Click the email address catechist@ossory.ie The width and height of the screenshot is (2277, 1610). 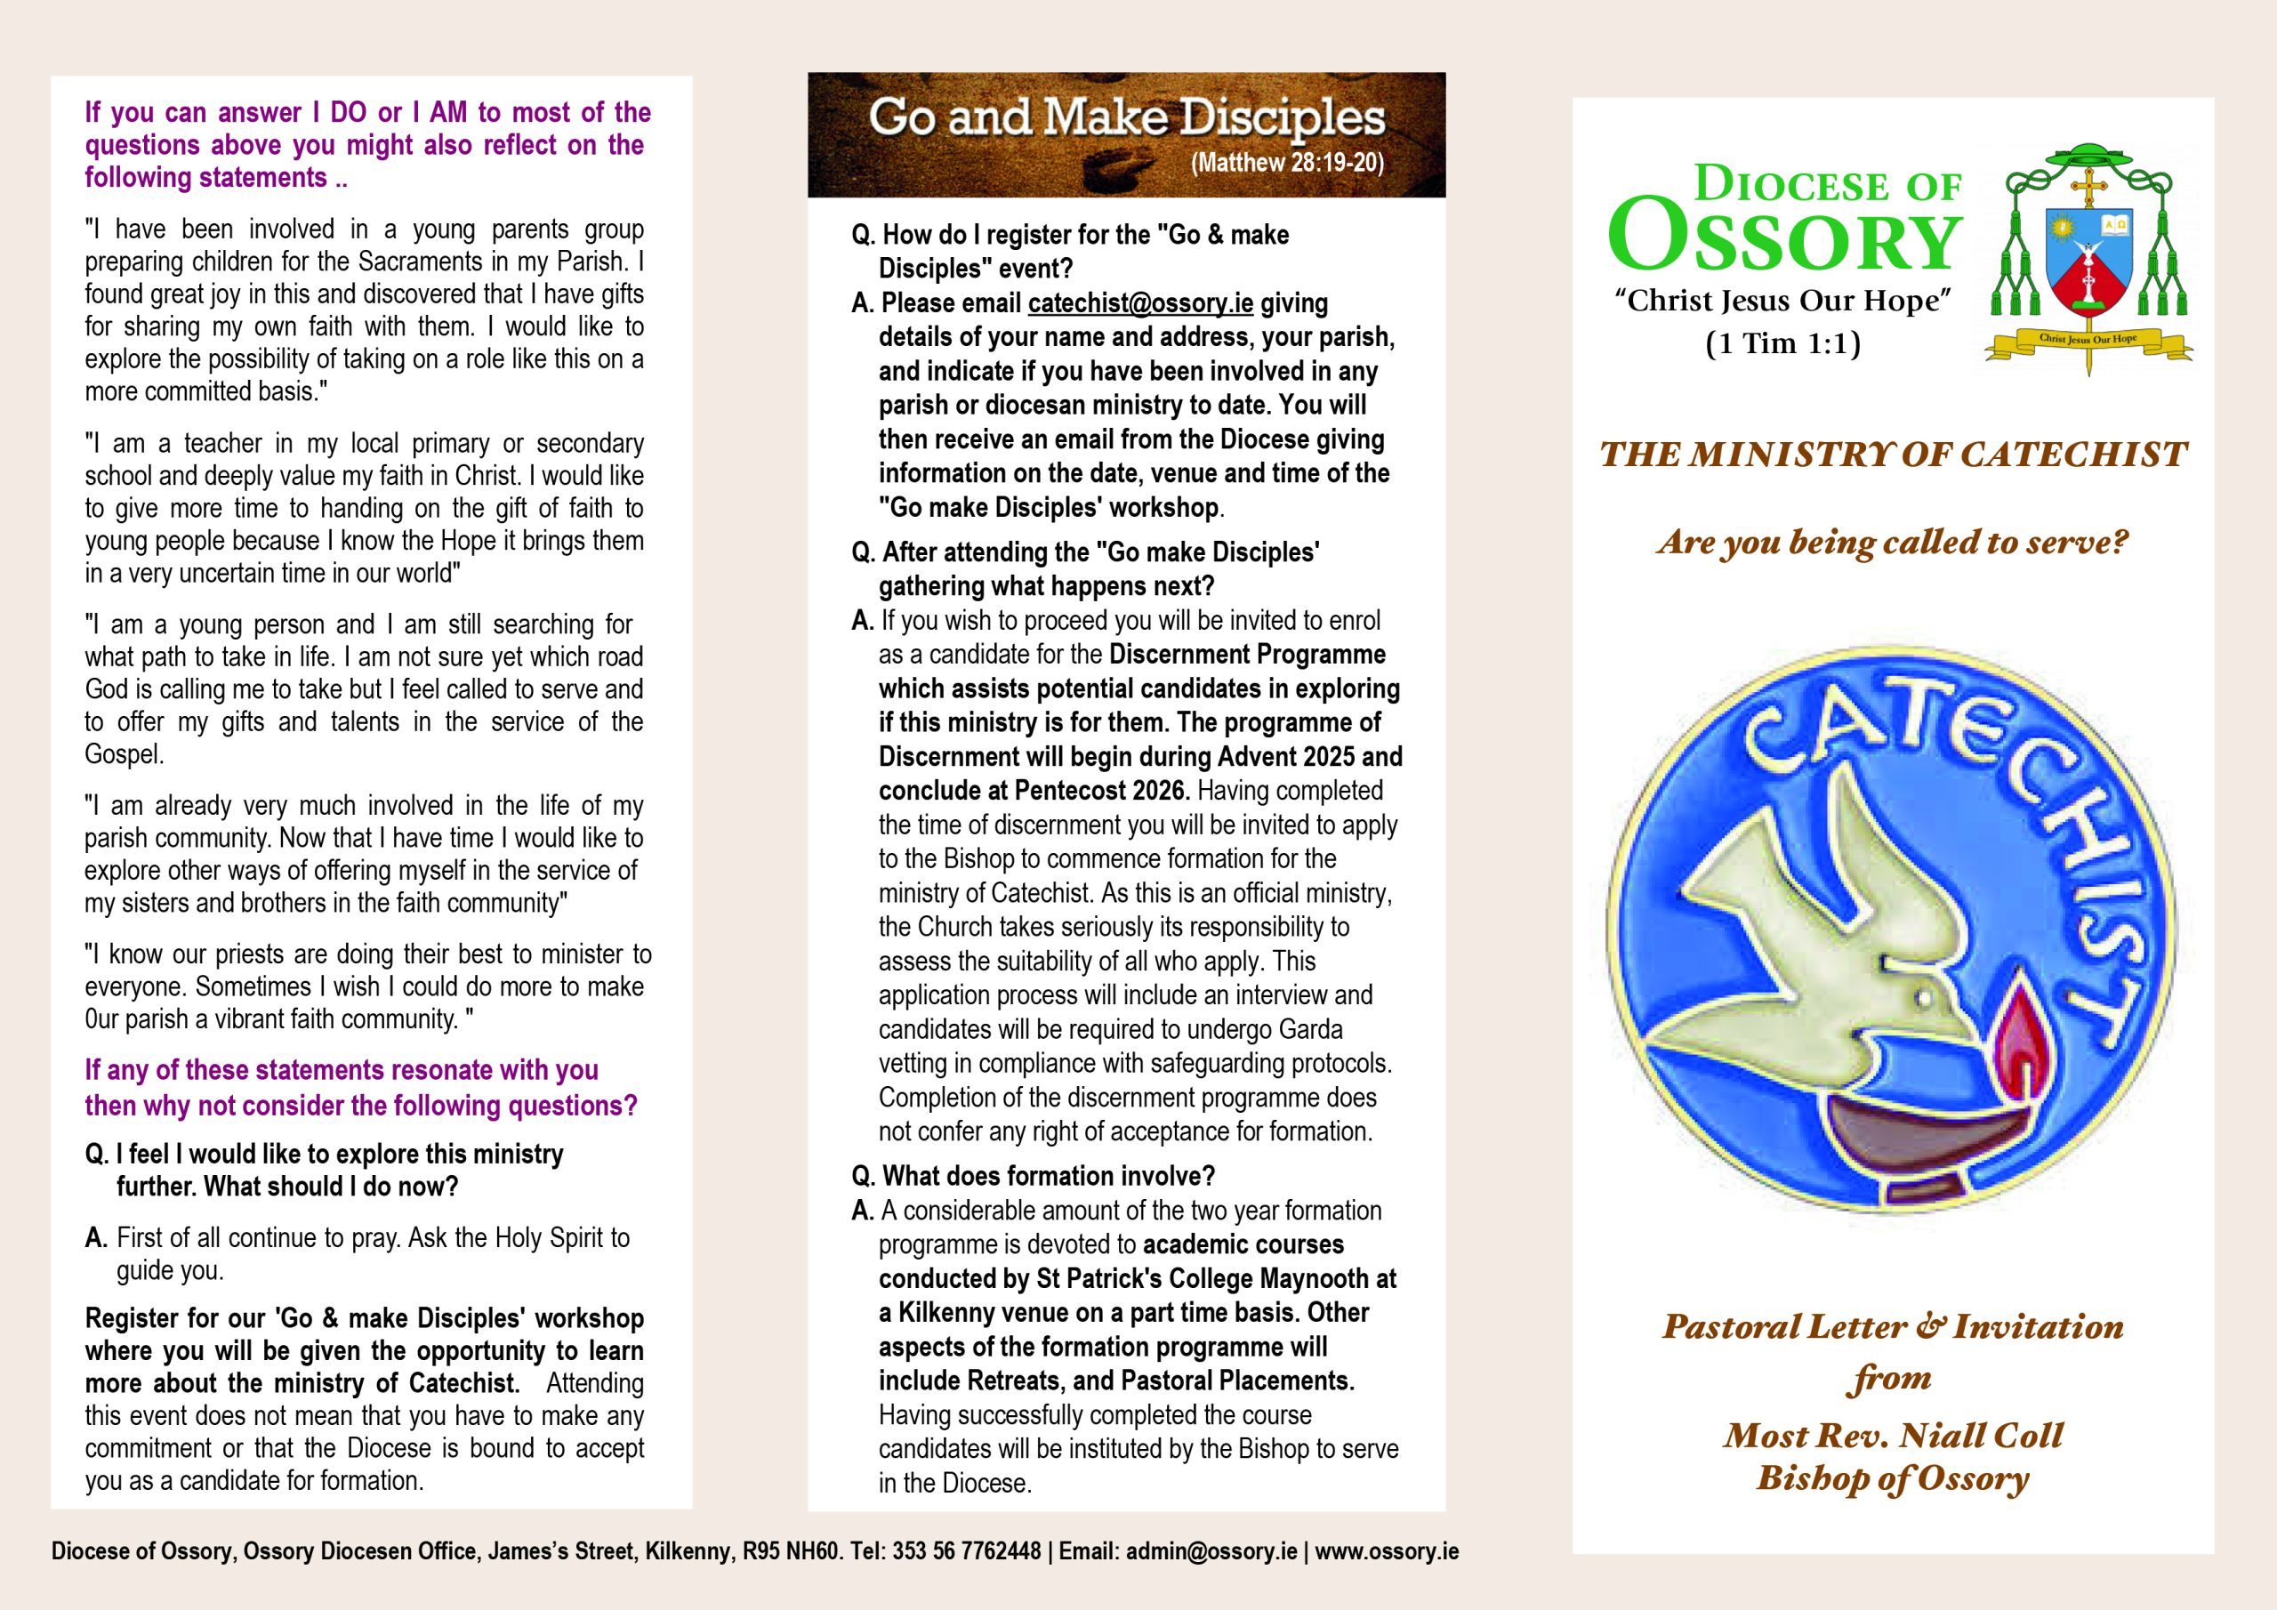(1140, 303)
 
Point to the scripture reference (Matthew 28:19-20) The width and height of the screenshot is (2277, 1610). (1286, 163)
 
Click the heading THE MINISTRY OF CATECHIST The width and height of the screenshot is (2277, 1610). (1892, 455)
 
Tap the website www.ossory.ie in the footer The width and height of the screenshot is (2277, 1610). (1387, 1551)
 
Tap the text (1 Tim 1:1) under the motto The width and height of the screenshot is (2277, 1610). (1782, 344)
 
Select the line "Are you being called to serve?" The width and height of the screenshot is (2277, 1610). (1892, 543)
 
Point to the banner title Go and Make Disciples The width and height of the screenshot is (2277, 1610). (1126, 118)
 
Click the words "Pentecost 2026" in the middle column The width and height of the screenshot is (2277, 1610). (1101, 792)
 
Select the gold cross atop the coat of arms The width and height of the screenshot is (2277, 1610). (2088, 186)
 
